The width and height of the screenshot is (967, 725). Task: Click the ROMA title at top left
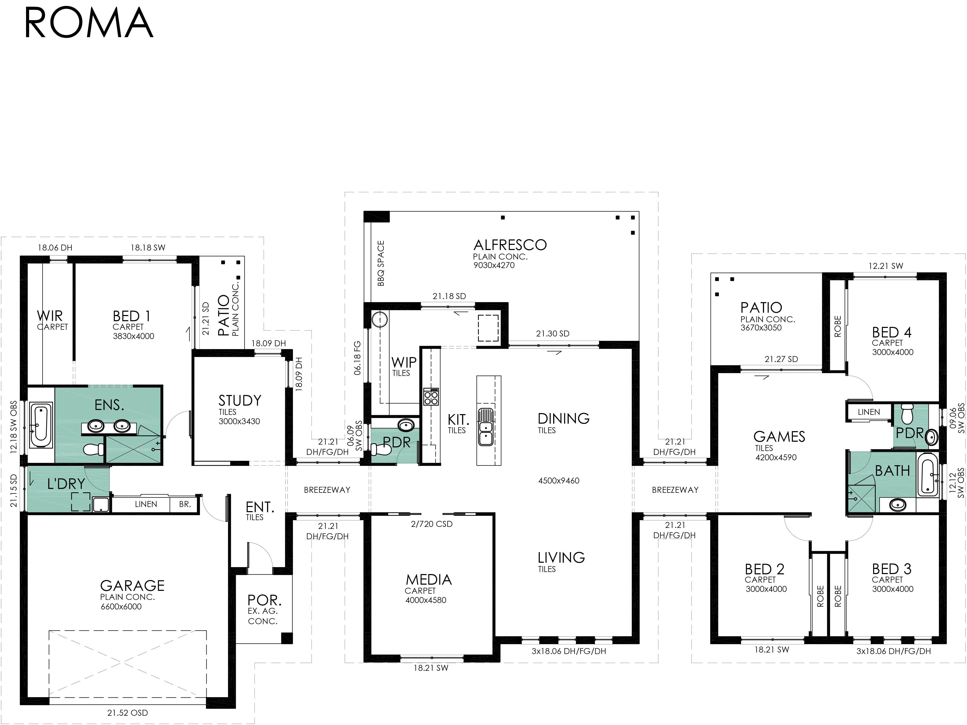89,23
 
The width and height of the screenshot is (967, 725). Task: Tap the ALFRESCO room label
510,245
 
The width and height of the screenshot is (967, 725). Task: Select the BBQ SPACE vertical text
381,263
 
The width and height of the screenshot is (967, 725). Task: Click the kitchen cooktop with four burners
431,397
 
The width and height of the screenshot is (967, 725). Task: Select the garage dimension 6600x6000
121,607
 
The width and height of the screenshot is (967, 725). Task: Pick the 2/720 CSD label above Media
431,524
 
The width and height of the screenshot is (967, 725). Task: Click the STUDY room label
240,400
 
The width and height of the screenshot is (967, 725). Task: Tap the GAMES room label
779,436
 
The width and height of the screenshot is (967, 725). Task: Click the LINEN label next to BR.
146,504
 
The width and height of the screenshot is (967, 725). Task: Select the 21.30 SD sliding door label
553,334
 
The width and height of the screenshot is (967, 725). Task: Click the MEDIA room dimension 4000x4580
426,600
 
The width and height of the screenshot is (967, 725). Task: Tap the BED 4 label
892,332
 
